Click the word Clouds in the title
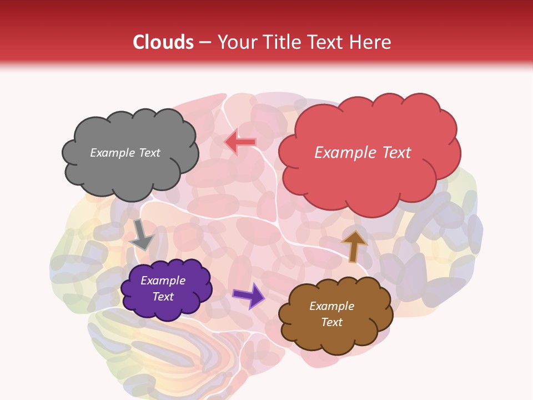click(x=164, y=42)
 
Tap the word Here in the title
click(x=371, y=42)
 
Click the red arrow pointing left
click(x=240, y=142)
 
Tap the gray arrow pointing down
click(x=142, y=235)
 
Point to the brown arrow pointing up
click(x=354, y=246)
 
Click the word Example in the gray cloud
click(x=113, y=153)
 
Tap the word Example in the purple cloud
click(x=163, y=281)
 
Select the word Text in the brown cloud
click(x=332, y=322)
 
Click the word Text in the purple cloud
click(x=163, y=297)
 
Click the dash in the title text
click(x=205, y=43)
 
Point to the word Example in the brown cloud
click(x=332, y=306)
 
